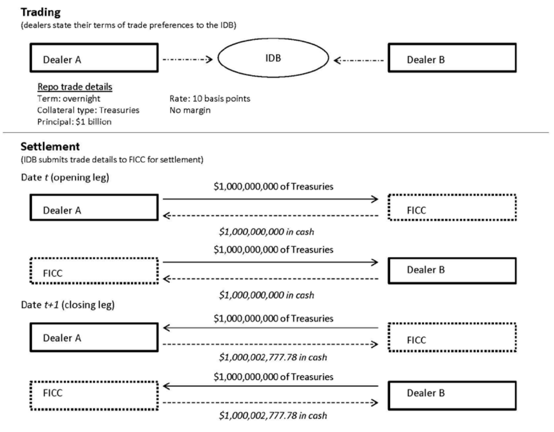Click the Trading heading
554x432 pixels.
[40, 12]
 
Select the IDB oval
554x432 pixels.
[273, 58]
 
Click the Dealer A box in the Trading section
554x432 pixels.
[94, 58]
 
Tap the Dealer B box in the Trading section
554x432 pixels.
[452, 58]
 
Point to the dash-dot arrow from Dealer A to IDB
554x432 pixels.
[187, 59]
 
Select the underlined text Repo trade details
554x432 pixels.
[75, 87]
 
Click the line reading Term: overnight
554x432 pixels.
[69, 99]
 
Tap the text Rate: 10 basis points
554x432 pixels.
[209, 99]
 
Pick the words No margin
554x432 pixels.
[190, 110]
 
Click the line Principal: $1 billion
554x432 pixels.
[74, 122]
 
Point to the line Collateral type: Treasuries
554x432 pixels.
[88, 110]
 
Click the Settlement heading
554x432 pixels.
[50, 147]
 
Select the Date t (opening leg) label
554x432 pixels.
[65, 177]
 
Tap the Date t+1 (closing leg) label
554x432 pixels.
[67, 305]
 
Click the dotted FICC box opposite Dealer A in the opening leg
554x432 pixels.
[452, 207]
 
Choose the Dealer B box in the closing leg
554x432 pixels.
[452, 396]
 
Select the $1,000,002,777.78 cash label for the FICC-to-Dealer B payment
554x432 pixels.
[273, 415]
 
